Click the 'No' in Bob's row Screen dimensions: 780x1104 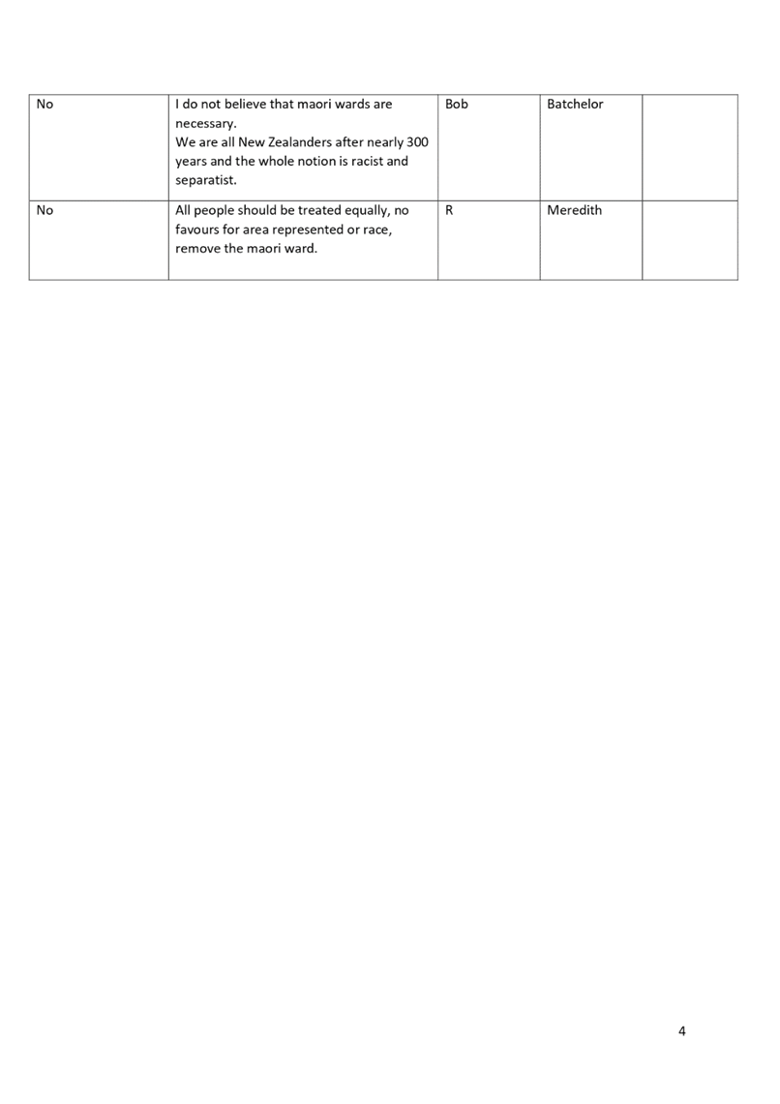click(x=45, y=105)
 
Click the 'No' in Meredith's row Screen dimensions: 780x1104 click(x=45, y=210)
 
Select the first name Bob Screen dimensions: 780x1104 click(x=457, y=105)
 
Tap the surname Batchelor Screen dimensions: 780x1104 click(x=576, y=105)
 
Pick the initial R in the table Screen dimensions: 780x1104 click(x=449, y=210)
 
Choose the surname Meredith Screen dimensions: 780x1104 click(x=575, y=210)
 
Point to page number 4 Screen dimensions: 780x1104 click(x=681, y=1031)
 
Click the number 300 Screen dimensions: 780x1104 click(x=418, y=142)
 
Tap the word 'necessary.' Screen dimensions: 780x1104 click(x=206, y=124)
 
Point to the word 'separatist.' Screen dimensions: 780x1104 click(x=206, y=180)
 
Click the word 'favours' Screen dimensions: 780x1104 click(x=197, y=230)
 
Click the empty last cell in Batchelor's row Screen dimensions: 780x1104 click(x=690, y=147)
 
